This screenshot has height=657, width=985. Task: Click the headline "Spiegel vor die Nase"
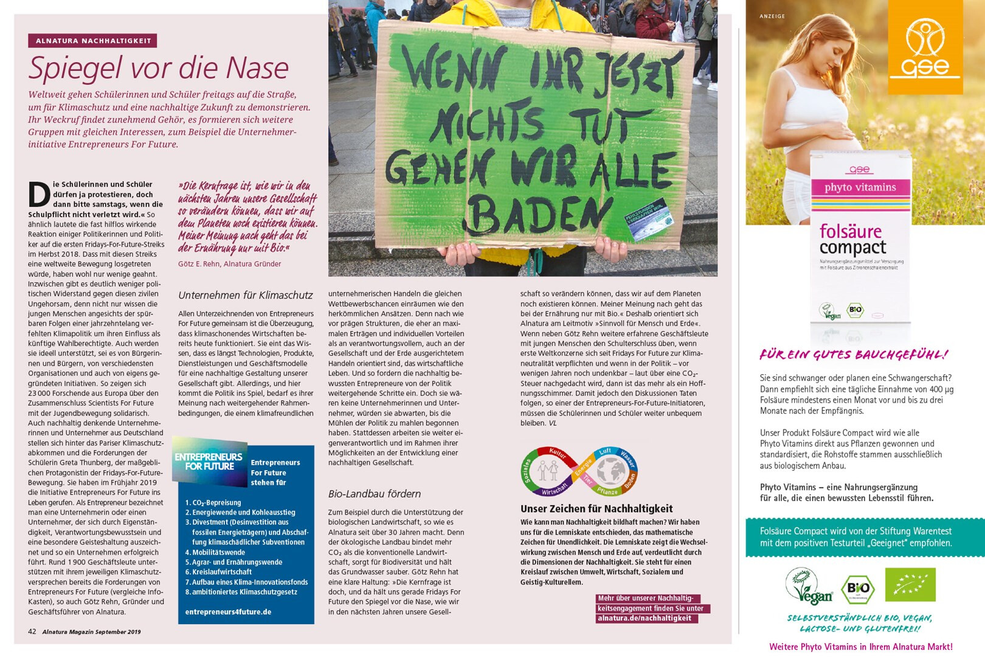pos(158,68)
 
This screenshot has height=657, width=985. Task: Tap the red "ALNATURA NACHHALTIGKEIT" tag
pos(92,41)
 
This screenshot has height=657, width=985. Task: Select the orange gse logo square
pos(925,47)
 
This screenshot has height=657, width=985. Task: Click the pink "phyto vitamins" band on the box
pos(860,187)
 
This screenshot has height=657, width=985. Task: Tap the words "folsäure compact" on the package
pos(852,239)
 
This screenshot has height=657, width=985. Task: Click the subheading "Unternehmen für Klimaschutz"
pos(245,296)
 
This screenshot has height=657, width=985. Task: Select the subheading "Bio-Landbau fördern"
pos(374,494)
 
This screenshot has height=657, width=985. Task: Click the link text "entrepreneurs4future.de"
pos(228,612)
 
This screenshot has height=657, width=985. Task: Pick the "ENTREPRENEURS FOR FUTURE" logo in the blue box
pos(209,462)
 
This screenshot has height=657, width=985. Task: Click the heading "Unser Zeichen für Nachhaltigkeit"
pos(596,509)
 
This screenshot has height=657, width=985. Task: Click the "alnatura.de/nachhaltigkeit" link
pos(644,618)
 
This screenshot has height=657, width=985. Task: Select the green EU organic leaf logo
pos(910,585)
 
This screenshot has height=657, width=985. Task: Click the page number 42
pos(32,631)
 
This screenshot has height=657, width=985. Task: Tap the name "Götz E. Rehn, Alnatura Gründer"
pos(229,264)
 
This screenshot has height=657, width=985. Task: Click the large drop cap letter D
pos(39,195)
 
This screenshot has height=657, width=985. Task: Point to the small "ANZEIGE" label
pos(772,16)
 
